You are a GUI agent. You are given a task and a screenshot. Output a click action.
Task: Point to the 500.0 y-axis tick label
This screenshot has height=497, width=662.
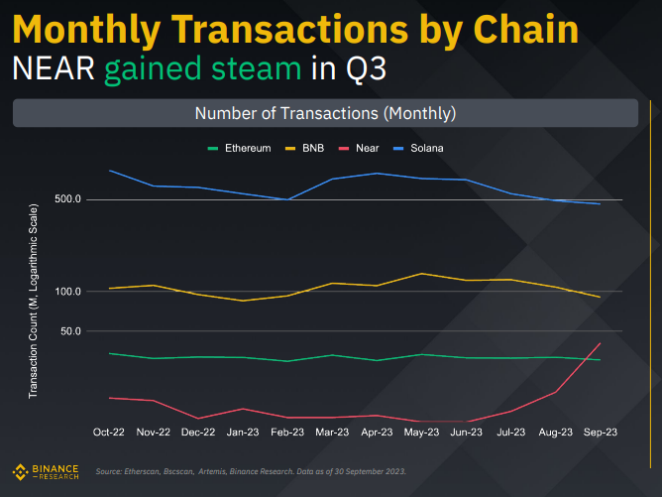coord(67,199)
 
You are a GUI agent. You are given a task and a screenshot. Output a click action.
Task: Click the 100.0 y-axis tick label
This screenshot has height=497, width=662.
coord(67,292)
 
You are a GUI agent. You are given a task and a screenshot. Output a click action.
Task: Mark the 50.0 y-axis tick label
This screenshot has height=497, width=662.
coord(70,330)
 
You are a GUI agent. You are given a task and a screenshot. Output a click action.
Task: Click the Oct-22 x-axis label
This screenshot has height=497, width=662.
coord(108,433)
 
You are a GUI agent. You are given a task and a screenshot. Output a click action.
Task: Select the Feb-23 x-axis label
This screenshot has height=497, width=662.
coord(287,433)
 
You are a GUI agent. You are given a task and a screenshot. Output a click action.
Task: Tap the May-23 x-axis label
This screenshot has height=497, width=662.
coord(422,433)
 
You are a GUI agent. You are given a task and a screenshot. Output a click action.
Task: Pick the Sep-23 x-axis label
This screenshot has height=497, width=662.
coord(601,433)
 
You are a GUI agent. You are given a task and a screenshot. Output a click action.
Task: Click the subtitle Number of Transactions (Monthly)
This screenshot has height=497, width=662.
coord(325,113)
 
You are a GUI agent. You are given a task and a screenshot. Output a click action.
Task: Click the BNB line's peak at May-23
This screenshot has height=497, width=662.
coord(422,274)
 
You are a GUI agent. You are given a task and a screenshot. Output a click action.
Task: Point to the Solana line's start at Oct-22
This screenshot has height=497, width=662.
coord(109,171)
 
